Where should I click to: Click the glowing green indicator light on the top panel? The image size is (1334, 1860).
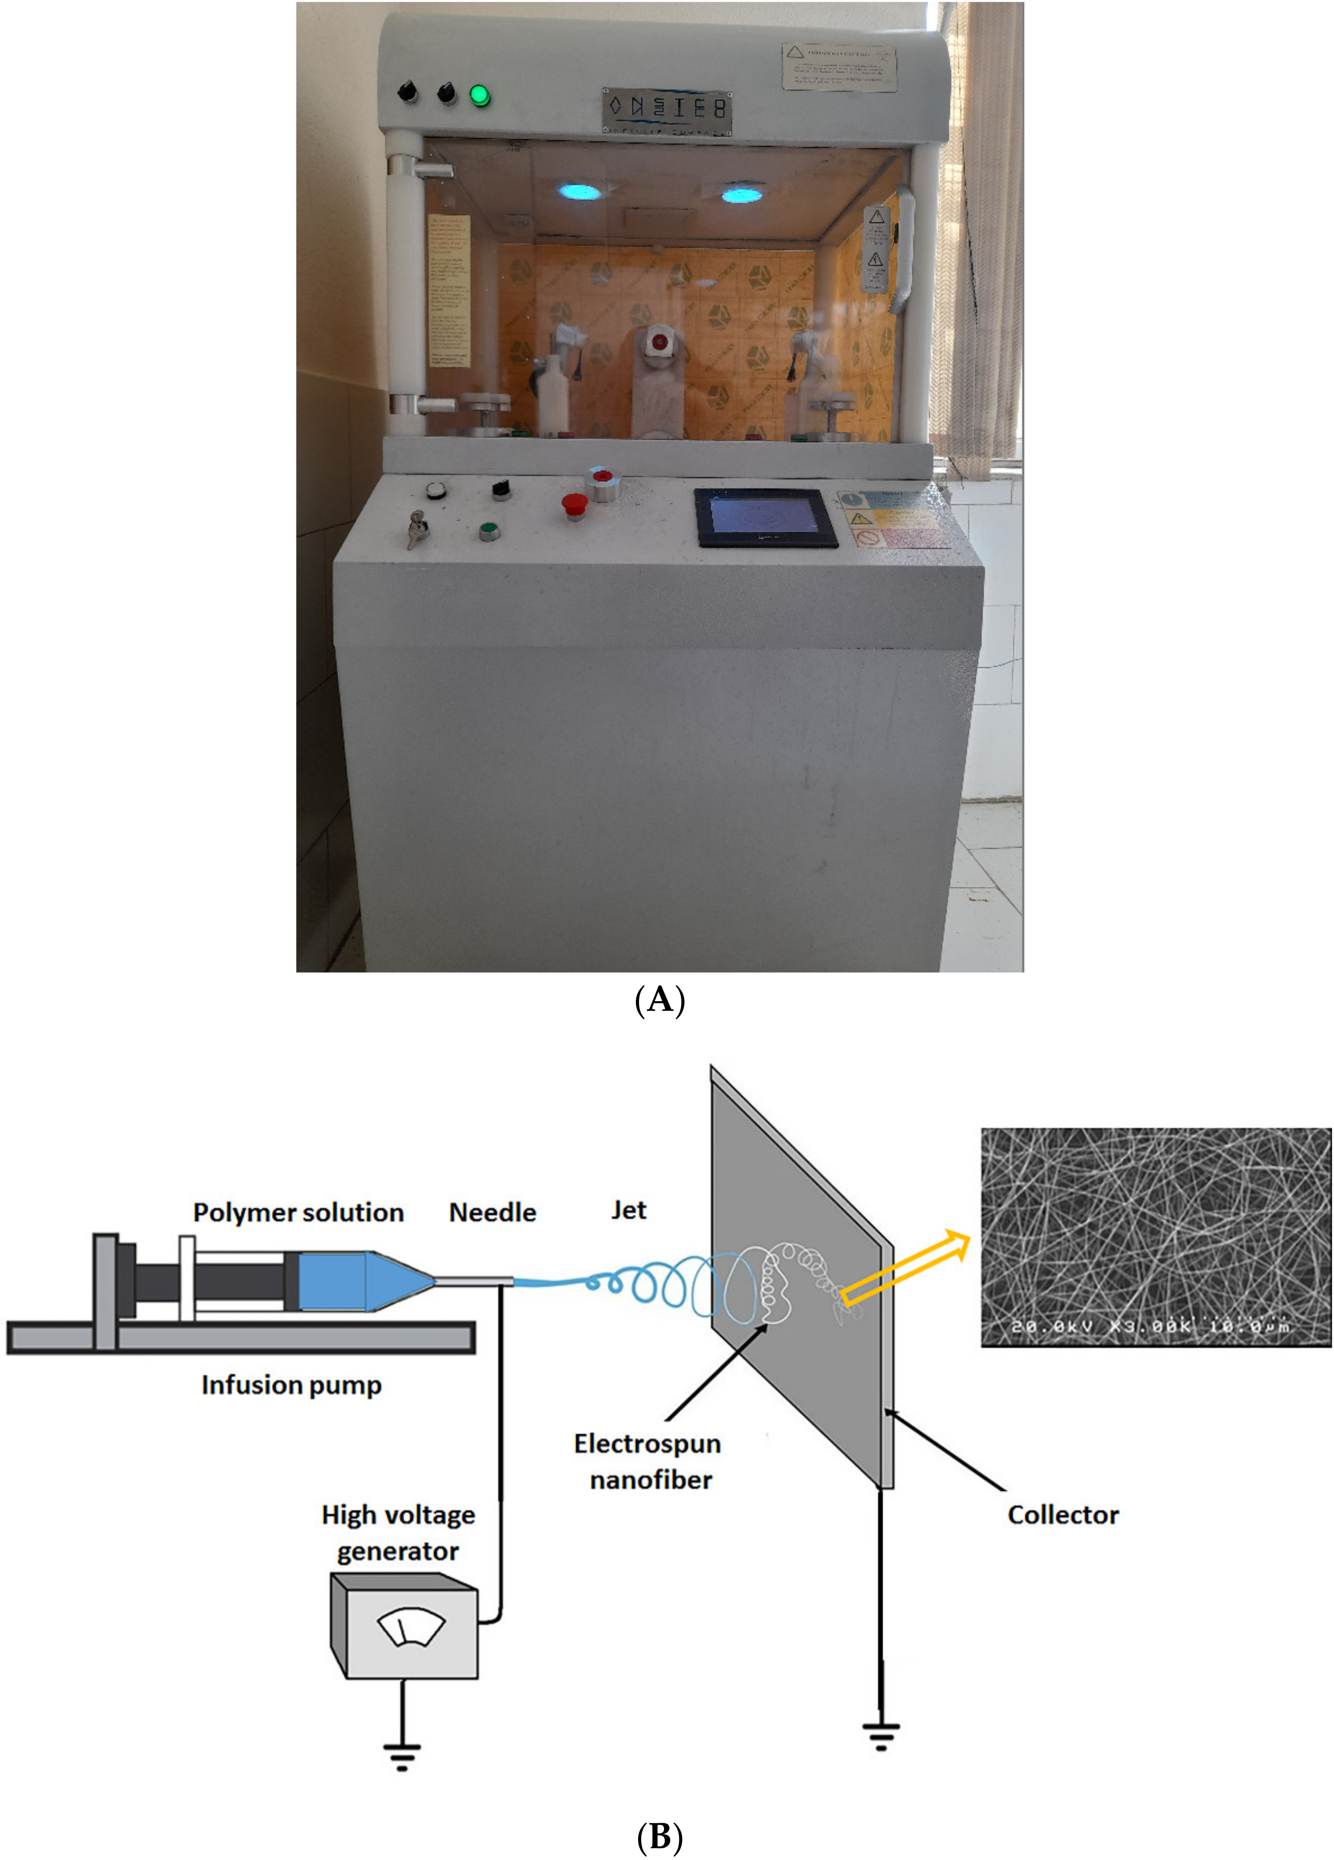pos(480,96)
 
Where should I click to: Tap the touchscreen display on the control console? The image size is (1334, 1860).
pos(765,518)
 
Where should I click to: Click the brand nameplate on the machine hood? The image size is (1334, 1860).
pos(667,111)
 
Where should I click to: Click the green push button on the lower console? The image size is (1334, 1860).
pos(490,531)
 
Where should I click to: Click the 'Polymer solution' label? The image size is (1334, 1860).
pos(298,1212)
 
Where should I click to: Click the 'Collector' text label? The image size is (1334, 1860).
pos(1062,1515)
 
